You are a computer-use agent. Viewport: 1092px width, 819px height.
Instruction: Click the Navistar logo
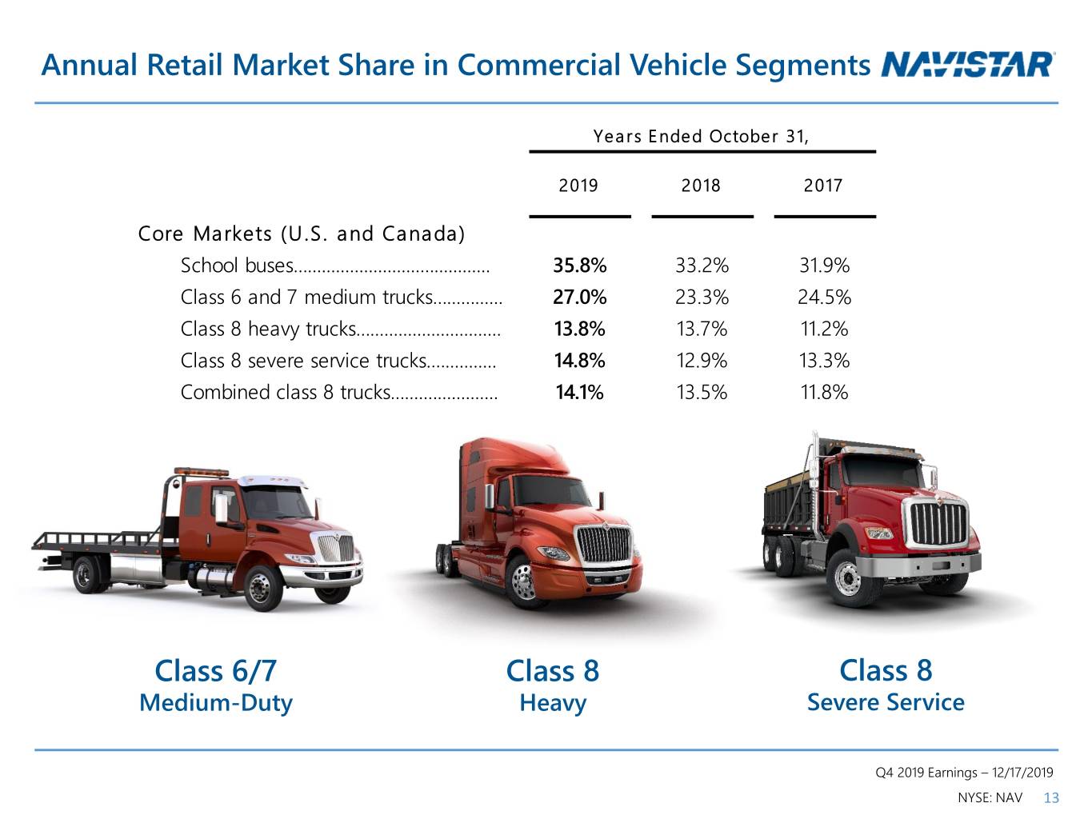coord(966,65)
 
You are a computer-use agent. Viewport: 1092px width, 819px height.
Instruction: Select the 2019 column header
coord(578,186)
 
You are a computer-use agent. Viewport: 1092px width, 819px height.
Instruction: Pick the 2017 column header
coord(823,186)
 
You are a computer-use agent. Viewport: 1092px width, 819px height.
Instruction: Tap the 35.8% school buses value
coord(580,265)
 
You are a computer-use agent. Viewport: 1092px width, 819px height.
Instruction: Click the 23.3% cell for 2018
coord(702,297)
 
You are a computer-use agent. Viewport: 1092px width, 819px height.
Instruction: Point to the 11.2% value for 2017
coord(824,329)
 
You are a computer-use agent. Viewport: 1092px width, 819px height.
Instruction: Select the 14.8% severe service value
coord(580,361)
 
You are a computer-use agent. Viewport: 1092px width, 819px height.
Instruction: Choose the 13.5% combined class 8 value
coord(702,393)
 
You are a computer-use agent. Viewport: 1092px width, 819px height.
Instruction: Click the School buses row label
coord(237,265)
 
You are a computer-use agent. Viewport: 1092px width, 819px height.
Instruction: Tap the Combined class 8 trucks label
coord(286,393)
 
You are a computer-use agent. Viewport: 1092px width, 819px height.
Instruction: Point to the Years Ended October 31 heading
coord(701,136)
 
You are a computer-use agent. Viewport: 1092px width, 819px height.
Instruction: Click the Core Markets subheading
coord(302,234)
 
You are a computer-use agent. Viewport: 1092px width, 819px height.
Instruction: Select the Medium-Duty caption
coord(216,703)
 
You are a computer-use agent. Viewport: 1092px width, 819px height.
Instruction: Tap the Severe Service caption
coord(886,702)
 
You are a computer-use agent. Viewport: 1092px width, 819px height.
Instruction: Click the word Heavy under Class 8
coord(553,704)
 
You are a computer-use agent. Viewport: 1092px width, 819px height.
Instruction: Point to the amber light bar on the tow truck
coord(201,471)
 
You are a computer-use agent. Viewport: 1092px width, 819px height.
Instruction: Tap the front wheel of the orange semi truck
coord(525,582)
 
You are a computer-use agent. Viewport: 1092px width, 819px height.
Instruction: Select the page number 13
coord(1050,798)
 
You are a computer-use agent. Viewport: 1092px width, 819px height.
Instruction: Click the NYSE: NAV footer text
coord(990,798)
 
